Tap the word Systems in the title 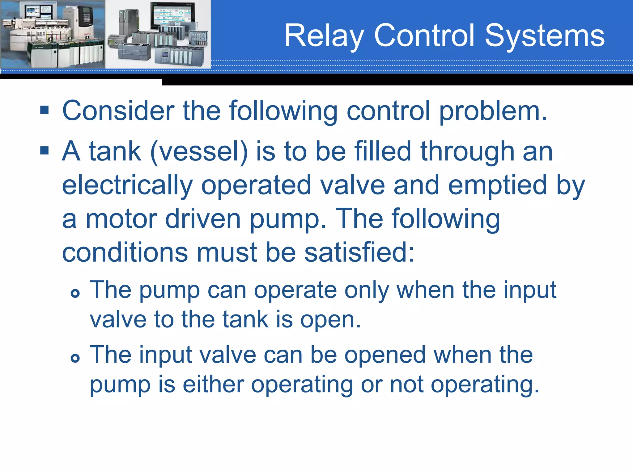(x=545, y=36)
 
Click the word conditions (x=125, y=252)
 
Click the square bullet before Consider (x=45, y=110)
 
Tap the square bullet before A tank (x=45, y=151)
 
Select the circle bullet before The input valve (x=75, y=358)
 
